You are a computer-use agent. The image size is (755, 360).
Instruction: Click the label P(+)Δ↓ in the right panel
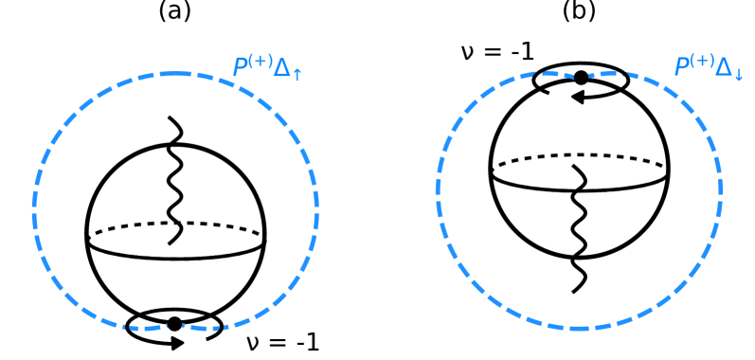pyautogui.click(x=708, y=67)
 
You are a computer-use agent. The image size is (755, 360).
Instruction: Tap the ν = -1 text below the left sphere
pyautogui.click(x=282, y=342)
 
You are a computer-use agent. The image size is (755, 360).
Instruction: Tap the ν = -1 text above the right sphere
pyautogui.click(x=496, y=50)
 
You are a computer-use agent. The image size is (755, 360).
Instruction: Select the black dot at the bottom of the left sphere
pyautogui.click(x=174, y=324)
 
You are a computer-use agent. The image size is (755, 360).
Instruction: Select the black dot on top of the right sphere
pyautogui.click(x=581, y=78)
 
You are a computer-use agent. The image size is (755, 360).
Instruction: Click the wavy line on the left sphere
pyautogui.click(x=173, y=180)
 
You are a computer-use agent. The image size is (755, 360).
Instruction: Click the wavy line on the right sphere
pyautogui.click(x=577, y=227)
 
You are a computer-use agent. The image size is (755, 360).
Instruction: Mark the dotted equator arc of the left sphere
pyautogui.click(x=175, y=225)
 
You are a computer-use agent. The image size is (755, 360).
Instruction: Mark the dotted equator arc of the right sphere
pyautogui.click(x=579, y=156)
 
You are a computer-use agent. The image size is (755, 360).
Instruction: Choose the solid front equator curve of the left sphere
pyautogui.click(x=175, y=255)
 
